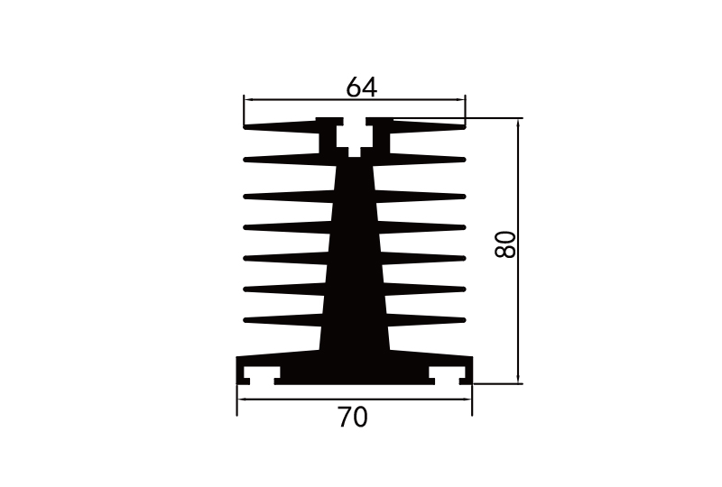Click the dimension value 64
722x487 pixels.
tap(361, 87)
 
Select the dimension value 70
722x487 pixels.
tap(353, 418)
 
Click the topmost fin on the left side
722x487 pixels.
tap(280, 125)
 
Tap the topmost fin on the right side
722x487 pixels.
tap(429, 125)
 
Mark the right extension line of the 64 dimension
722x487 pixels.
tap(465, 106)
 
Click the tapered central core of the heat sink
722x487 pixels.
tap(354, 271)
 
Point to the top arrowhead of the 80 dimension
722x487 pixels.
tap(518, 123)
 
